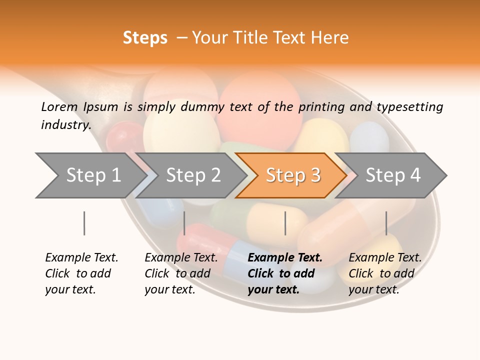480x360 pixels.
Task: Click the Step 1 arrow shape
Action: tap(90, 175)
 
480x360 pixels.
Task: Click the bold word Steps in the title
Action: tap(145, 38)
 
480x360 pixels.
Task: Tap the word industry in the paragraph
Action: tap(65, 124)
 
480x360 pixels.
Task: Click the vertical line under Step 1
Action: tap(84, 223)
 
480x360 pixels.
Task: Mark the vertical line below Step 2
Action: tap(184, 223)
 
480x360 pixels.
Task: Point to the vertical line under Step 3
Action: tap(285, 223)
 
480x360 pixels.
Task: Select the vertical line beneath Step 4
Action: tap(386, 223)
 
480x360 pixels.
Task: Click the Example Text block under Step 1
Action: tap(81, 273)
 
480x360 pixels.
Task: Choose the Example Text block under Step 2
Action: tap(181, 273)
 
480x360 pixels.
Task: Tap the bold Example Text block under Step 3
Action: tap(285, 273)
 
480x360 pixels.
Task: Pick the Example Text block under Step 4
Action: tap(385, 273)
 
